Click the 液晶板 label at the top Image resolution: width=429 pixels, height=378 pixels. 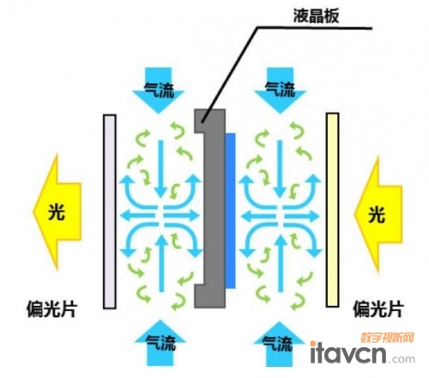click(316, 15)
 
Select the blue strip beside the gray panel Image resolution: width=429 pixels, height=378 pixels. click(231, 210)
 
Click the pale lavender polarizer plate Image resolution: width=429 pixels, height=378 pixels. click(110, 211)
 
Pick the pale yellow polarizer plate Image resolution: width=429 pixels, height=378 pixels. click(332, 210)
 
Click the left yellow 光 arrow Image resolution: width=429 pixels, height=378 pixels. click(57, 212)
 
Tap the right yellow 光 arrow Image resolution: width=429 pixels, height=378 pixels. click(378, 214)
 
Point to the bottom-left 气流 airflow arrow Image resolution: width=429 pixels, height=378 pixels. click(160, 343)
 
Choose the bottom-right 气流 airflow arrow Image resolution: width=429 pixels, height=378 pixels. click(279, 344)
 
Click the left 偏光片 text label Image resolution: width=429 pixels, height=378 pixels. click(51, 309)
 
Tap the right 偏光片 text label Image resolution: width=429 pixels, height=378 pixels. click(378, 309)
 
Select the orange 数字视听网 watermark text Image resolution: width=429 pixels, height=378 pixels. click(387, 338)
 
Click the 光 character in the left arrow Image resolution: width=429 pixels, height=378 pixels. click(57, 212)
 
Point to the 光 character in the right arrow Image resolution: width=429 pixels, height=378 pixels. click(377, 215)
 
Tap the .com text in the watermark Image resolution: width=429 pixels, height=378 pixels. click(402, 359)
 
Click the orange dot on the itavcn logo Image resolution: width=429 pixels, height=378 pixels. click(313, 344)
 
